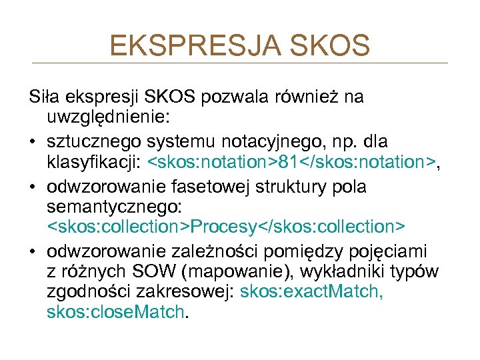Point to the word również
click(307, 97)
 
